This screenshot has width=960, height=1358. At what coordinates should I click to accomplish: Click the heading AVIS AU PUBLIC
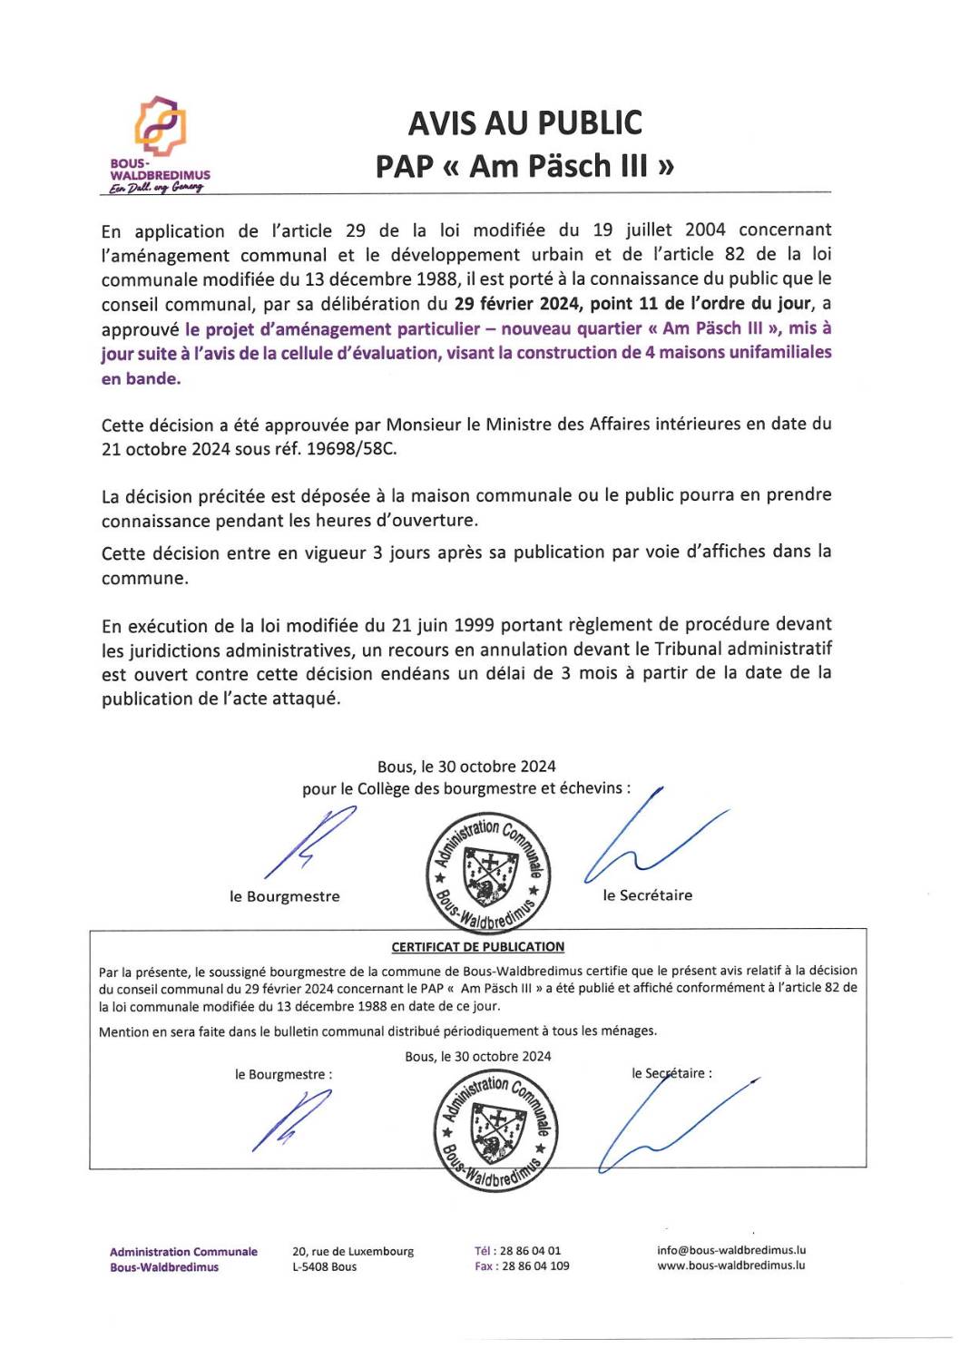524,123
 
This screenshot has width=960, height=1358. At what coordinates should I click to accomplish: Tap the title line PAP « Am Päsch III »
524,167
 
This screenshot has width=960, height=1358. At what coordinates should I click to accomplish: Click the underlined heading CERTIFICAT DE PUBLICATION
477,947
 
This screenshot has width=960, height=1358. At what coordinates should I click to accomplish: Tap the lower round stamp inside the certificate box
495,1129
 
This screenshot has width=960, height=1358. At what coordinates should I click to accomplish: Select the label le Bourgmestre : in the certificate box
283,1075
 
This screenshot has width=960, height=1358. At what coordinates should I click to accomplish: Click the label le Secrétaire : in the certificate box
671,1074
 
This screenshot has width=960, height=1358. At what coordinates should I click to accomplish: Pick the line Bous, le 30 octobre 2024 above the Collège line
466,767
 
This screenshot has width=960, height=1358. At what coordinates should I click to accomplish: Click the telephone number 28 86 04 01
530,1251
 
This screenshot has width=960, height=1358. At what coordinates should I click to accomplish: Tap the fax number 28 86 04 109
535,1266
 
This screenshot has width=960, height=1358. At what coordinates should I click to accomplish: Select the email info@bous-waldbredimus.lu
731,1250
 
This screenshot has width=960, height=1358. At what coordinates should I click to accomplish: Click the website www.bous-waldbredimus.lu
731,1265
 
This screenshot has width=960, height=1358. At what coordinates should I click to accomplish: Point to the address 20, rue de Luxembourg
353,1252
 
